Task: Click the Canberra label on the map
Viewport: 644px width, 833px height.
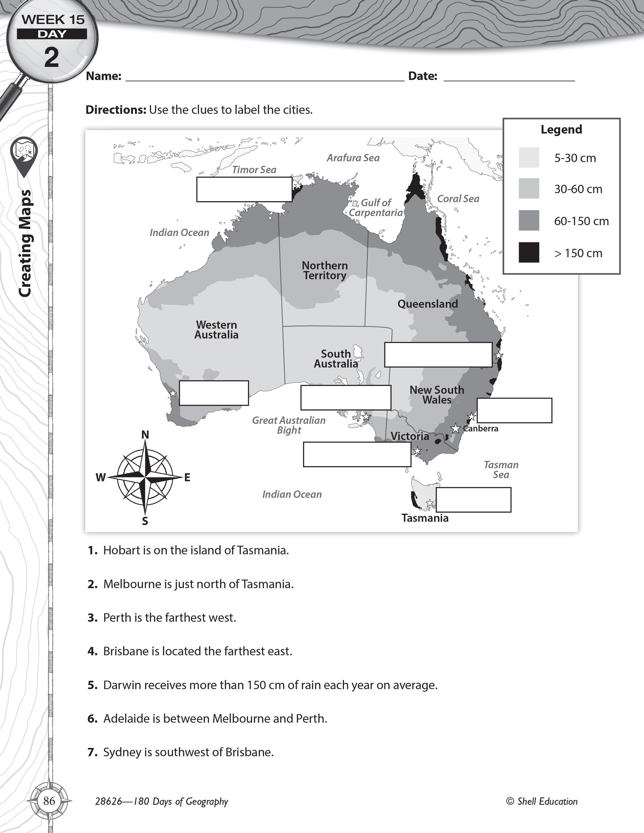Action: pos(481,428)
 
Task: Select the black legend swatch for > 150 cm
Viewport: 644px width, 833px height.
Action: pos(529,252)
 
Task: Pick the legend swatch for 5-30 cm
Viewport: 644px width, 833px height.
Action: pos(529,158)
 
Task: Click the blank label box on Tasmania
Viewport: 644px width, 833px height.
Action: pos(474,500)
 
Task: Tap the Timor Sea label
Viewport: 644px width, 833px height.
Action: pos(254,170)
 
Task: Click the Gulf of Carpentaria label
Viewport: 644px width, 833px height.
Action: pos(376,207)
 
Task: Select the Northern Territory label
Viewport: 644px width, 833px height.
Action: pos(325,270)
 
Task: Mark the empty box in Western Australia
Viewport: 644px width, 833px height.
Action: pos(214,393)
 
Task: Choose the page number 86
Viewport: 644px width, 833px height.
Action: pos(49,801)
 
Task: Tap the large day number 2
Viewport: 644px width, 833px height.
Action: pos(52,57)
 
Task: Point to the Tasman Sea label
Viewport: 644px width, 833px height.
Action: pos(501,470)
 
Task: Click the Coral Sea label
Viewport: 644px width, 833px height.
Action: pos(458,199)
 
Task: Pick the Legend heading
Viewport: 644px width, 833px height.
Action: pos(561,130)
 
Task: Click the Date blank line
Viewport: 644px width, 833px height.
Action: pos(509,81)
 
